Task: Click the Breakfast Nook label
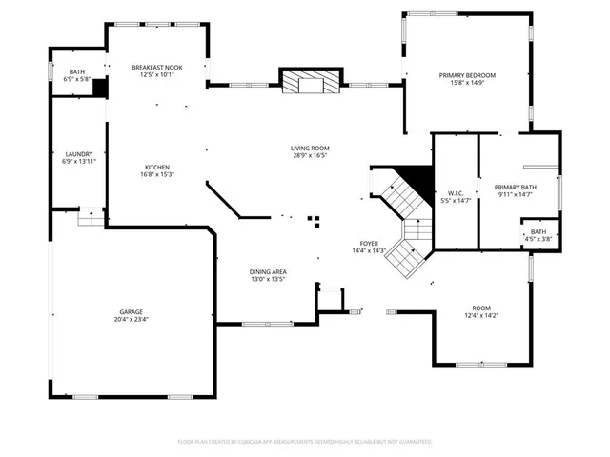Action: click(x=156, y=68)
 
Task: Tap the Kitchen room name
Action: click(x=156, y=168)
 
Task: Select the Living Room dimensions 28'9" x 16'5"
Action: click(x=311, y=156)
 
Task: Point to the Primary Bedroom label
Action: click(x=467, y=75)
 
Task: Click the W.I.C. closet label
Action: click(x=455, y=193)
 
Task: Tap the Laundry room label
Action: click(x=78, y=154)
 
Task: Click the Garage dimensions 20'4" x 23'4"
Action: click(x=132, y=319)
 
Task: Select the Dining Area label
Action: click(x=268, y=272)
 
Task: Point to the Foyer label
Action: click(x=369, y=244)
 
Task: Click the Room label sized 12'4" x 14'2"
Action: click(x=481, y=308)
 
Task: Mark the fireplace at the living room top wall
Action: click(x=309, y=83)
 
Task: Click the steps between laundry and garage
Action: click(x=90, y=217)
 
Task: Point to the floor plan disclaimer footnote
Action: click(x=305, y=442)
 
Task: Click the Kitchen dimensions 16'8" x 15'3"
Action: click(x=156, y=174)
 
